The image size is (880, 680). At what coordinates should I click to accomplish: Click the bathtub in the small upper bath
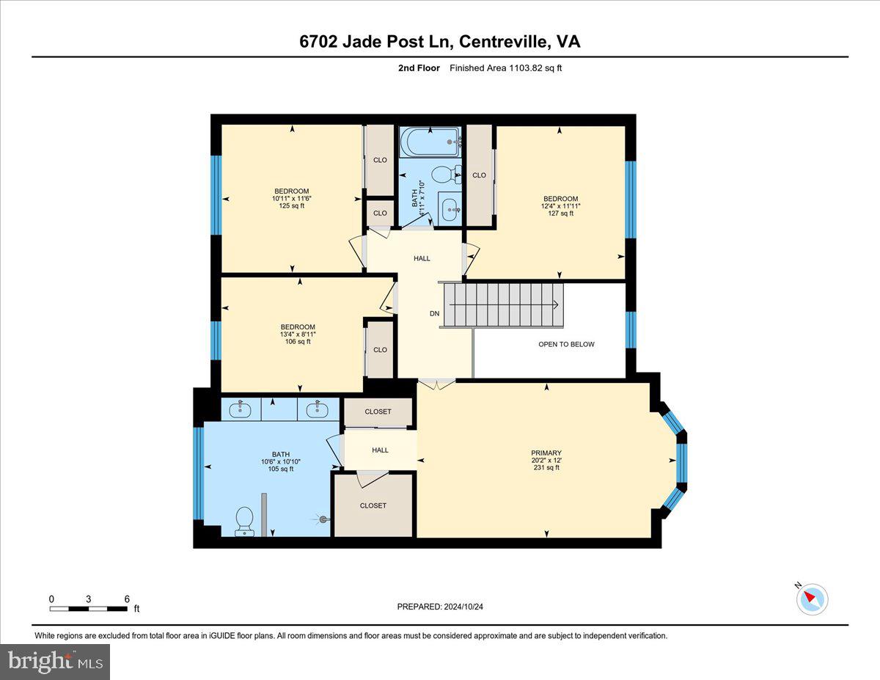[430, 142]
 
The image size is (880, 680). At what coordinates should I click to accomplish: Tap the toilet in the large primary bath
[244, 521]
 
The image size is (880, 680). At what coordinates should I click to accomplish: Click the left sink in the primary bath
[241, 409]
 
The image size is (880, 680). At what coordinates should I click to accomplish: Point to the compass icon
[812, 599]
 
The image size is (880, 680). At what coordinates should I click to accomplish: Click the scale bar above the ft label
[89, 609]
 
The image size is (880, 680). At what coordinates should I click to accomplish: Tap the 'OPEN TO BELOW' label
[566, 344]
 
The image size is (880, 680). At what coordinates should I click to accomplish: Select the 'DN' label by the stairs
[434, 314]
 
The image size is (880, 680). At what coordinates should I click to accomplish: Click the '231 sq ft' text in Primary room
[546, 467]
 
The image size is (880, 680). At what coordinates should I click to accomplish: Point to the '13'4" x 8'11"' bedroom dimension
[298, 334]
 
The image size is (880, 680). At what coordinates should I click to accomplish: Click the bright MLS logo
[55, 662]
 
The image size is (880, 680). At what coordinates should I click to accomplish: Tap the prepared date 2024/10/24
[440, 607]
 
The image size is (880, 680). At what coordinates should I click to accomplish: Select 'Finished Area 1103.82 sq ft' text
[505, 68]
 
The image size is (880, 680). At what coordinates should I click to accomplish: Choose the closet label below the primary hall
[373, 505]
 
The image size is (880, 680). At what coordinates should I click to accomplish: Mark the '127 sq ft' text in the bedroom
[560, 213]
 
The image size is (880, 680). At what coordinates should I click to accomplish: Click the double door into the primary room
[436, 381]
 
